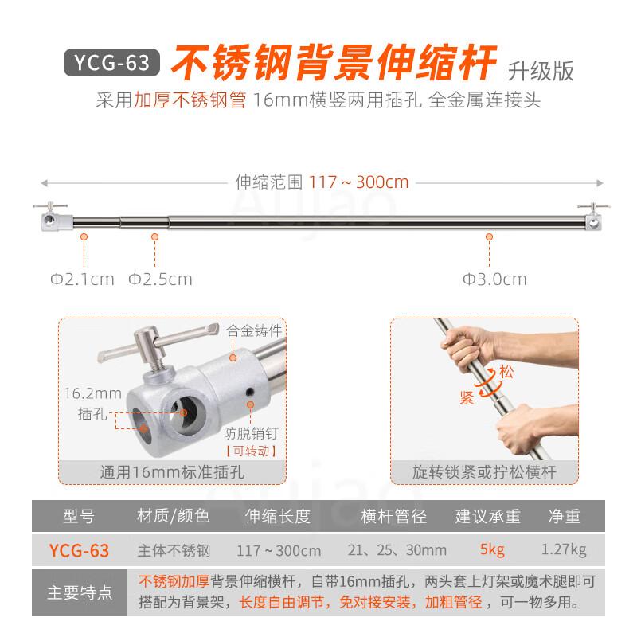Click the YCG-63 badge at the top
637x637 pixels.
(111, 63)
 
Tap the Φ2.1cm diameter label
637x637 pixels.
(82, 279)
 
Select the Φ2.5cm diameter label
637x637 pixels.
(160, 279)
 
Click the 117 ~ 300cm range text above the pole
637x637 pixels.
(359, 182)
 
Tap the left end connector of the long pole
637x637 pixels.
(53, 219)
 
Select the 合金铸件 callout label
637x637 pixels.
(255, 329)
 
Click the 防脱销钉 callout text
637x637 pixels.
(252, 432)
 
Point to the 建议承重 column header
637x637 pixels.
(487, 517)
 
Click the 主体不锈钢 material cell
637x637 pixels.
(174, 550)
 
